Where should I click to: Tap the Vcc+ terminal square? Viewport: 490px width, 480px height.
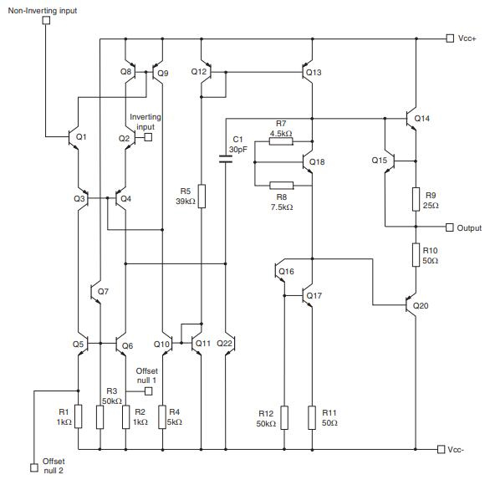(450, 38)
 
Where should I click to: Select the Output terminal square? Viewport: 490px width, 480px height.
(450, 227)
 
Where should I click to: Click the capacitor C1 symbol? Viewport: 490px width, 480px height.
(226, 157)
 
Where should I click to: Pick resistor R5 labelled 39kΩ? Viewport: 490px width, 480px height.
(201, 196)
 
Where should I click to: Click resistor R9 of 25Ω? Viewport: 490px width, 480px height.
(416, 198)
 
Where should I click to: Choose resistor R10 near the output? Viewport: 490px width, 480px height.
(416, 254)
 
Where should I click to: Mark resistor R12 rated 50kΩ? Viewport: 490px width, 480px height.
(284, 417)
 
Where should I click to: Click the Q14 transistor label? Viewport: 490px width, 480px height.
(422, 118)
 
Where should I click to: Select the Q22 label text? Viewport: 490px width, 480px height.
(226, 343)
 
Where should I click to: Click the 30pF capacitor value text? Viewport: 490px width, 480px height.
(240, 149)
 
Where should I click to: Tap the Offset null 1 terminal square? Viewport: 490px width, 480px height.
(148, 390)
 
